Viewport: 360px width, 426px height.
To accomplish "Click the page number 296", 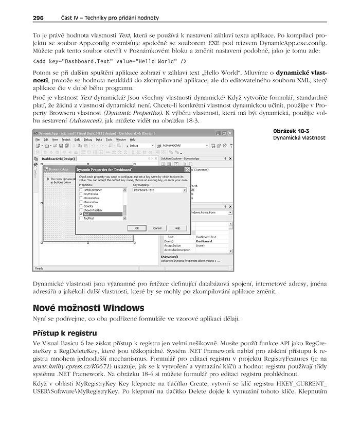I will (38, 18).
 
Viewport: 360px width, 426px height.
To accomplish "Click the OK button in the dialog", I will (137, 228).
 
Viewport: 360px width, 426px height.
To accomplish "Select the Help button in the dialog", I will (177, 228).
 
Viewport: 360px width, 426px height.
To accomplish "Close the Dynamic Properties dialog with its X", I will (187, 169).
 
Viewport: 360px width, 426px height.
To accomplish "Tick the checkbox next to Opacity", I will (81, 206).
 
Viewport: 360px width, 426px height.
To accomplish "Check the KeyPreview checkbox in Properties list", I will (81, 194).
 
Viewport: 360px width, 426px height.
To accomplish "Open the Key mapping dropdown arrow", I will (184, 190).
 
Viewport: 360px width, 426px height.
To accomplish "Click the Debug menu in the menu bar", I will (88, 139).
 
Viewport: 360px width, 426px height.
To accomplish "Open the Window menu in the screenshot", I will (121, 139).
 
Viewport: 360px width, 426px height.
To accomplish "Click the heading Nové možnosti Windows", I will (88, 308).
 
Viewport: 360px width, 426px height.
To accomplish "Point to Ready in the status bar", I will (39, 268).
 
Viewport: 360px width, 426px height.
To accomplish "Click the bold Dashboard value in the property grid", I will (204, 241).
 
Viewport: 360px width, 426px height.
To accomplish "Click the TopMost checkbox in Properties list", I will (81, 218).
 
